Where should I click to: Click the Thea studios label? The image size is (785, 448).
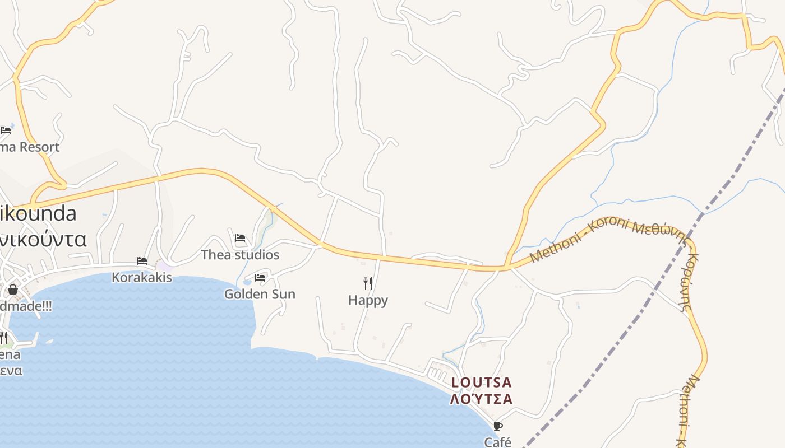(240, 255)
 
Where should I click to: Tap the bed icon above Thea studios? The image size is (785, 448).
(240, 238)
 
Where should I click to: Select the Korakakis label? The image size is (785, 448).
(142, 277)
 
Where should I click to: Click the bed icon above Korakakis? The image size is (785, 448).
(142, 261)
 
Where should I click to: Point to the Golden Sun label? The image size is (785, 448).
(260, 294)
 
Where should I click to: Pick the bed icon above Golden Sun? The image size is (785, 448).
(260, 277)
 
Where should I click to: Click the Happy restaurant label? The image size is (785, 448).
(368, 300)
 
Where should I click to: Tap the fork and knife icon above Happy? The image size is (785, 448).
(368, 283)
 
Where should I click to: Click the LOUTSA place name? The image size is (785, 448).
(482, 383)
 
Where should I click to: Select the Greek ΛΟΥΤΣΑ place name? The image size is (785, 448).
(482, 399)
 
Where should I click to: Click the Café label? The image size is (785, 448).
(498, 442)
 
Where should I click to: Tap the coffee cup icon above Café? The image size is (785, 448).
(498, 426)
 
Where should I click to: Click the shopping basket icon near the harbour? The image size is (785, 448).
(12, 290)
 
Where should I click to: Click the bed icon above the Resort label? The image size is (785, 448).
(6, 130)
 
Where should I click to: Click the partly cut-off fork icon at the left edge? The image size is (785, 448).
(3, 338)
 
